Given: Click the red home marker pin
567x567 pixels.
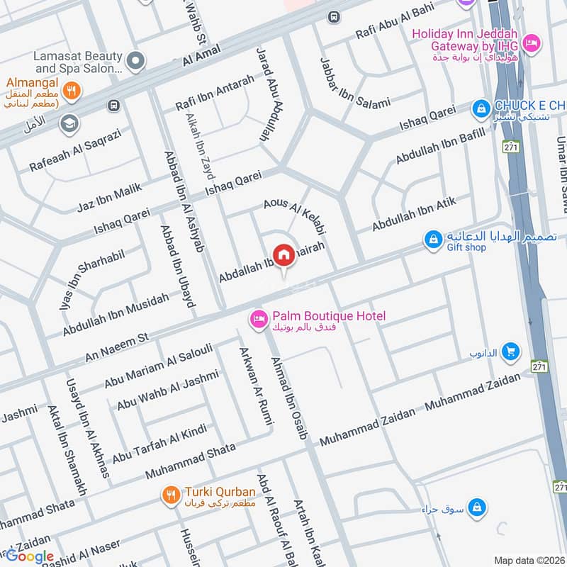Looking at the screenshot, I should pyautogui.click(x=284, y=254).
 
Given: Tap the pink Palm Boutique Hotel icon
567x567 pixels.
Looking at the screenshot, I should pyautogui.click(x=259, y=320).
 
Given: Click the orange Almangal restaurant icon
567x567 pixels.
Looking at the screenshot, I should pyautogui.click(x=70, y=90).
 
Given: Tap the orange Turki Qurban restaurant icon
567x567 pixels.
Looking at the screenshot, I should pyautogui.click(x=169, y=495).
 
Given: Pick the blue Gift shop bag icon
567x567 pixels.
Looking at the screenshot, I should pyautogui.click(x=433, y=240).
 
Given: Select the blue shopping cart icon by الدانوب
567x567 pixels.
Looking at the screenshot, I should pyautogui.click(x=510, y=351).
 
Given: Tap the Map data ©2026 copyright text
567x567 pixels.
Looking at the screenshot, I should pyautogui.click(x=529, y=560).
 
